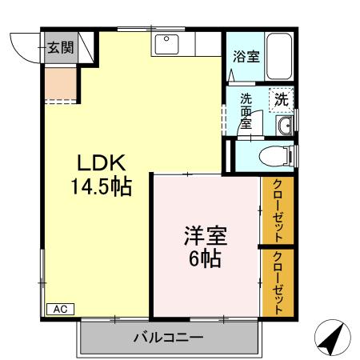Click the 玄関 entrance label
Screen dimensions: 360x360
point(59,46)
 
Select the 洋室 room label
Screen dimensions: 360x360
point(206,236)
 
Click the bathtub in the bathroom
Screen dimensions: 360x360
point(279,56)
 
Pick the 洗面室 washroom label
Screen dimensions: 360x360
point(246,111)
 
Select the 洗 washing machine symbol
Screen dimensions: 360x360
point(281,100)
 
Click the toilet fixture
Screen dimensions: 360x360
point(276,154)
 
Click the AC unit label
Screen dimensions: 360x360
point(58,308)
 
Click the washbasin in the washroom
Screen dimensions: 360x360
point(286,123)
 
